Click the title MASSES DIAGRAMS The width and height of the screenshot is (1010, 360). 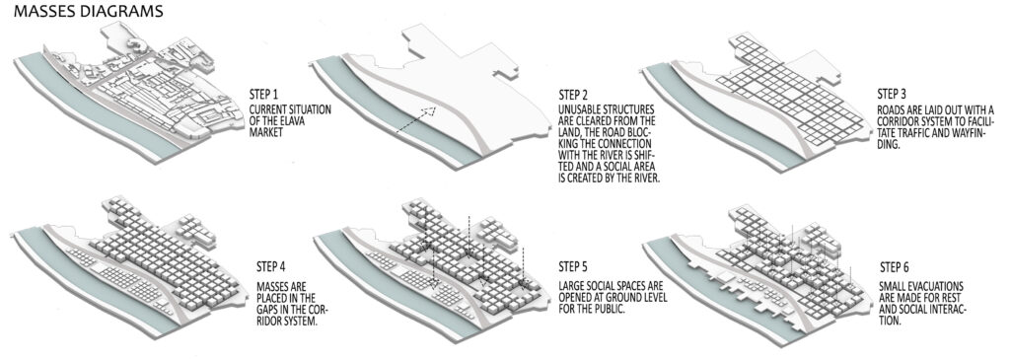click(88, 11)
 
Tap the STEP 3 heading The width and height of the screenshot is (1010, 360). click(895, 94)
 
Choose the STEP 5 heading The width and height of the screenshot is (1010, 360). click(575, 265)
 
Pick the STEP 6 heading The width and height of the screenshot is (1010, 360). click(895, 266)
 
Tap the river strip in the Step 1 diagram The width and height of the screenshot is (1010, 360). click(97, 108)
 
